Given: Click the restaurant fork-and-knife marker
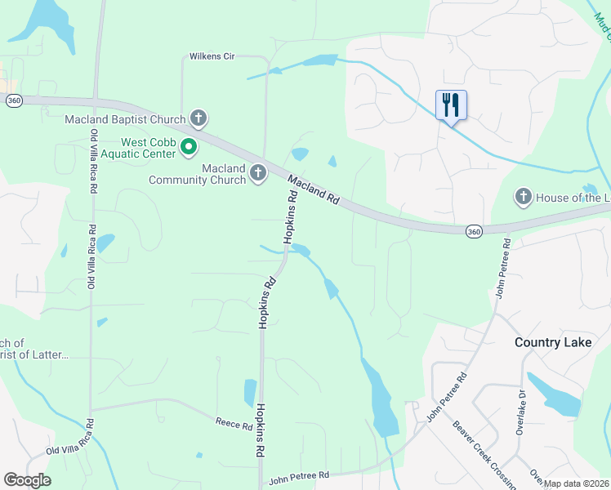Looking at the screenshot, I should click(x=451, y=105).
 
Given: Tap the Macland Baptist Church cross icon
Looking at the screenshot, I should click(x=198, y=119).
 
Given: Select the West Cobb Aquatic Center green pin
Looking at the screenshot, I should click(x=190, y=148).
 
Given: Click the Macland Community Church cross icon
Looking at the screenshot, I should click(x=258, y=173).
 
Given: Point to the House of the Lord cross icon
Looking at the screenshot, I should click(x=523, y=197).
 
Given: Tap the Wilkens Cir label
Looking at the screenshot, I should click(x=212, y=56).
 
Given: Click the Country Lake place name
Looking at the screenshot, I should click(x=553, y=342).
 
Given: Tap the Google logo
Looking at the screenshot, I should click(x=27, y=480).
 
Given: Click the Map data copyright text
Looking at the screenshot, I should click(x=576, y=483).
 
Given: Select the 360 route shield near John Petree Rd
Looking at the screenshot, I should click(x=474, y=232).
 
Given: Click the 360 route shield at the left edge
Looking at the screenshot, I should click(x=14, y=100).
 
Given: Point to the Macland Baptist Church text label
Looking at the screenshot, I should click(x=126, y=120).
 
